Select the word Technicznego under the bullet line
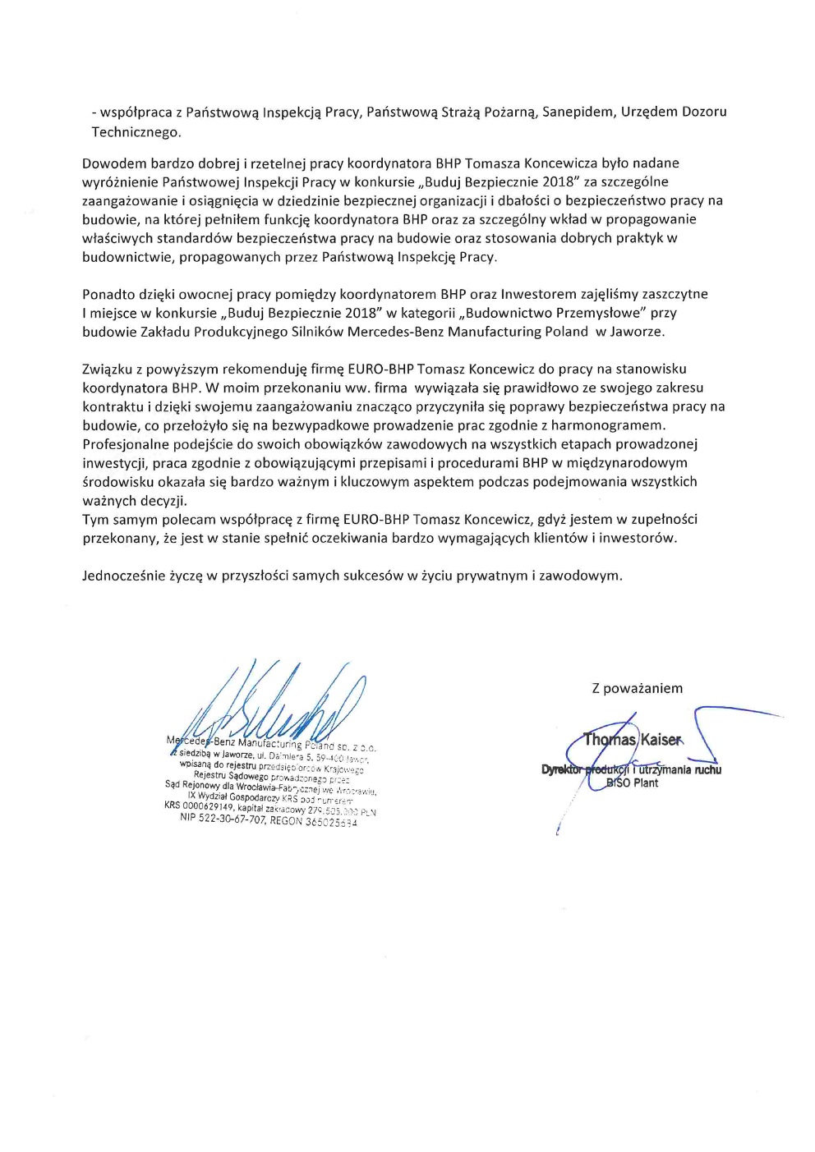point(136,131)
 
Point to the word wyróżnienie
point(120,182)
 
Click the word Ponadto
point(108,294)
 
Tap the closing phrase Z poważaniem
point(637,688)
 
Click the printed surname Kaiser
point(660,740)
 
